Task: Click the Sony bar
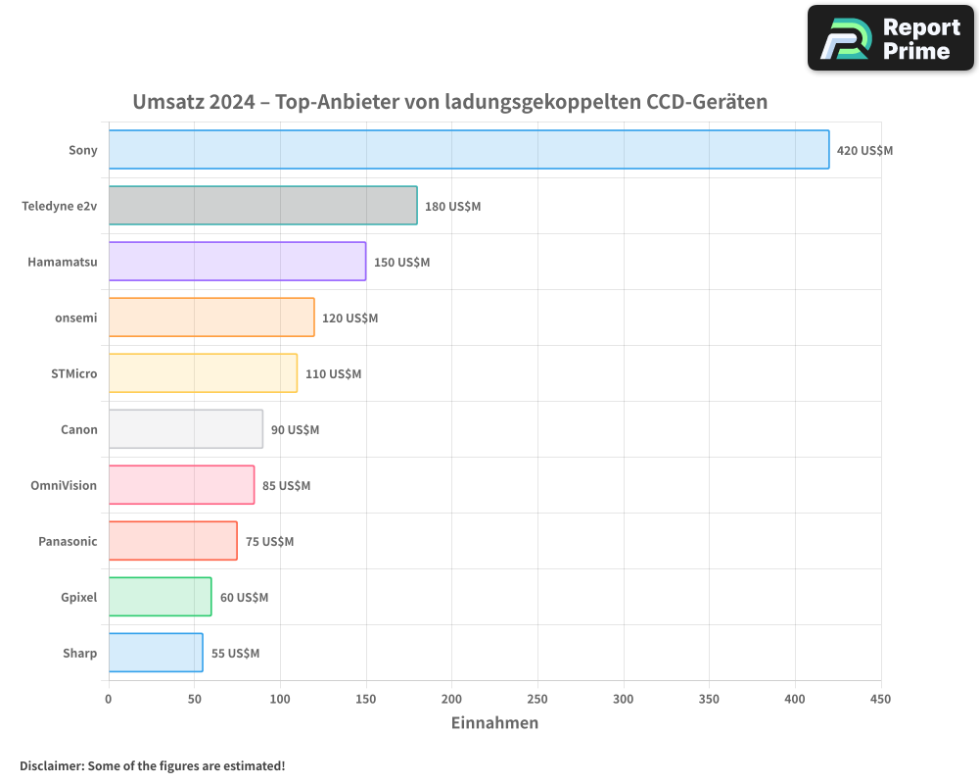tap(468, 150)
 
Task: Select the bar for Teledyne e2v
tap(262, 206)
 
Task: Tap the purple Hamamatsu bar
tap(237, 262)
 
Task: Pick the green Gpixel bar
tap(160, 597)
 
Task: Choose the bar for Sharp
tap(156, 653)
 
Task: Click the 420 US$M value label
tap(864, 151)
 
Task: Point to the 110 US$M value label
tap(333, 374)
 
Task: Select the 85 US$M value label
tap(286, 486)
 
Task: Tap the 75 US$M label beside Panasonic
tap(269, 542)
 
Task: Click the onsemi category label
tap(76, 318)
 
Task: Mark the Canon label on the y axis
tap(79, 429)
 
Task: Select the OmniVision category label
tap(64, 485)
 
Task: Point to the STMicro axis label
tap(73, 373)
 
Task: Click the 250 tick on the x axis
tap(537, 699)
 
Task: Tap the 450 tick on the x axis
tap(881, 699)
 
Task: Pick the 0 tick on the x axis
tap(109, 699)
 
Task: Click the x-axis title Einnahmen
tap(494, 723)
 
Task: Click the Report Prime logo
tap(890, 38)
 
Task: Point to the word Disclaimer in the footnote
tap(51, 765)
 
